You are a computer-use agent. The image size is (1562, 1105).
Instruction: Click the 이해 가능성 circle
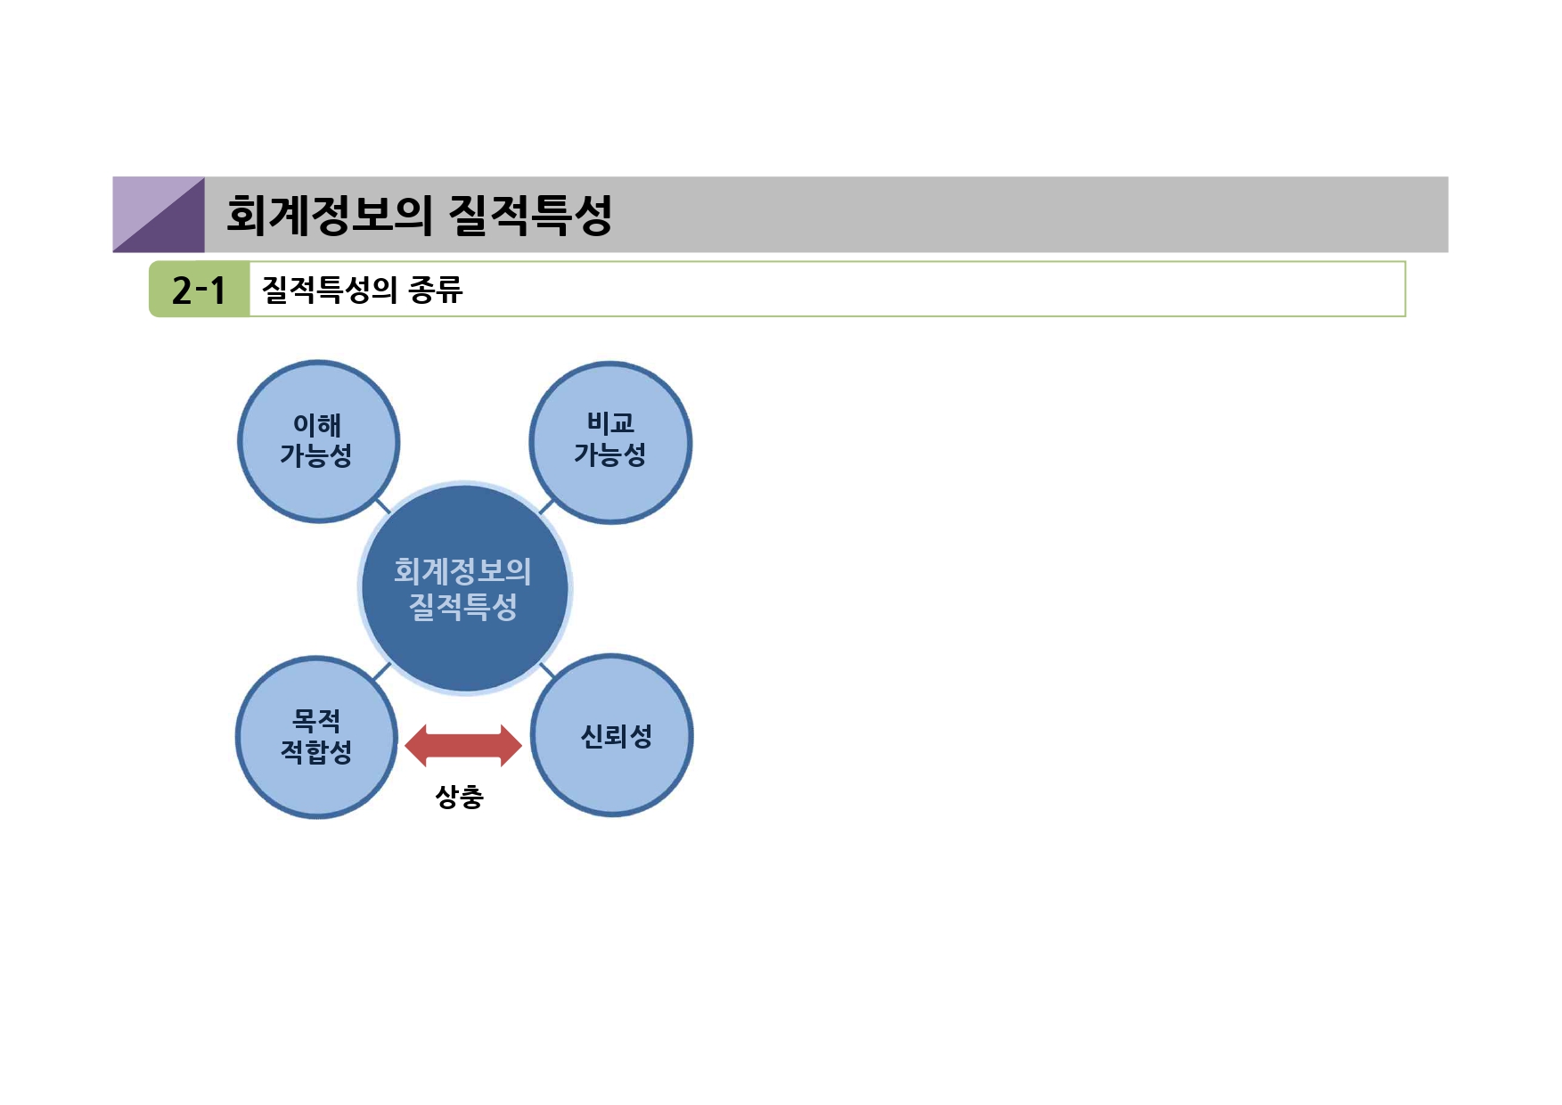[318, 441]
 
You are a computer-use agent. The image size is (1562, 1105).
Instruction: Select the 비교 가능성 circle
[610, 442]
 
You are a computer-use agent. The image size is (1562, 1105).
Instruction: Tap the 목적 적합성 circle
[316, 737]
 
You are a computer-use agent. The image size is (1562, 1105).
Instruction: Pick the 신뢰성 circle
[612, 735]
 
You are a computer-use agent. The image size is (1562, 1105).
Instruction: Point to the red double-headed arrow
[463, 746]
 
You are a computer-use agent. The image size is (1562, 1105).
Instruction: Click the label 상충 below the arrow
[459, 796]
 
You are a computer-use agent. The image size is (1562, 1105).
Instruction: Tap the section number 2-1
[199, 290]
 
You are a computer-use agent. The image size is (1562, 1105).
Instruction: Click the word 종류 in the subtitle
[436, 290]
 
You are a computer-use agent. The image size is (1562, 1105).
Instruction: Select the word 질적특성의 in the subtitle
[329, 290]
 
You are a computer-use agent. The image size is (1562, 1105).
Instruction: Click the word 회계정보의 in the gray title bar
[329, 215]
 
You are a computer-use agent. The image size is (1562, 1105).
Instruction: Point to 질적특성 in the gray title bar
[530, 215]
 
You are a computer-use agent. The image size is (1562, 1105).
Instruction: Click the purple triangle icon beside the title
[159, 215]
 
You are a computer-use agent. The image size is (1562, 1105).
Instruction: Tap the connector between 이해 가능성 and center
[383, 506]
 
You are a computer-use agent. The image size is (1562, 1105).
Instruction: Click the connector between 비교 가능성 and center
[546, 507]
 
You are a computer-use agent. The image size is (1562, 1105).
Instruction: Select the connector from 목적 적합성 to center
[382, 671]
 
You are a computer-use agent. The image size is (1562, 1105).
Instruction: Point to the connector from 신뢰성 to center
[546, 669]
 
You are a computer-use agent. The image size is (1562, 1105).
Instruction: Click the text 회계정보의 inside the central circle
[462, 571]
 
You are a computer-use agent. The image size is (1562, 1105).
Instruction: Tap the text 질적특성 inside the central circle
[462, 607]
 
